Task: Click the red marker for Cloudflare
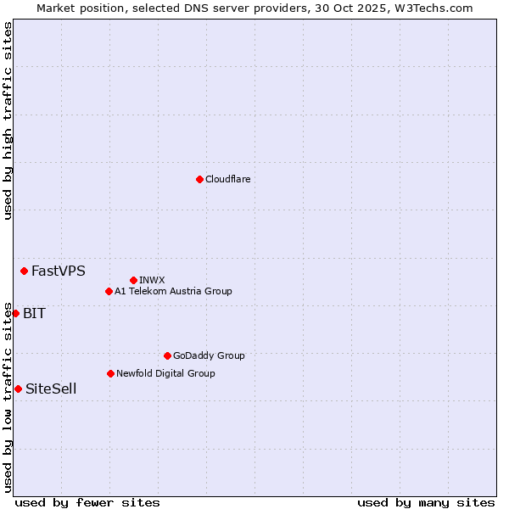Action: click(x=199, y=179)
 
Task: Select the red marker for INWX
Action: click(x=133, y=280)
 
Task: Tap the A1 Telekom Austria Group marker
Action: click(x=109, y=291)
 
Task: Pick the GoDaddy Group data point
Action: click(x=167, y=355)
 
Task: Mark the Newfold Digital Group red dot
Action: click(x=110, y=373)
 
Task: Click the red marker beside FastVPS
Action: click(x=24, y=271)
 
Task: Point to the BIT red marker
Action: click(x=15, y=313)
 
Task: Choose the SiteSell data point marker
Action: click(x=18, y=389)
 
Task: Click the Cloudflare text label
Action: click(x=227, y=179)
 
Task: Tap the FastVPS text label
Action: click(x=58, y=271)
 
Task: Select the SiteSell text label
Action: click(x=51, y=389)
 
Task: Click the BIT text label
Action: click(x=34, y=314)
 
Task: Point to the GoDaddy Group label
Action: click(x=209, y=356)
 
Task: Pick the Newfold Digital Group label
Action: click(x=165, y=373)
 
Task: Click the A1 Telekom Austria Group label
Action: click(x=173, y=291)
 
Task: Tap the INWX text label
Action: click(x=152, y=280)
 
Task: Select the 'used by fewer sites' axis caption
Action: click(x=87, y=502)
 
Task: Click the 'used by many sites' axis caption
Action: click(x=426, y=502)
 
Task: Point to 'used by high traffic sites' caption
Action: click(x=8, y=120)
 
